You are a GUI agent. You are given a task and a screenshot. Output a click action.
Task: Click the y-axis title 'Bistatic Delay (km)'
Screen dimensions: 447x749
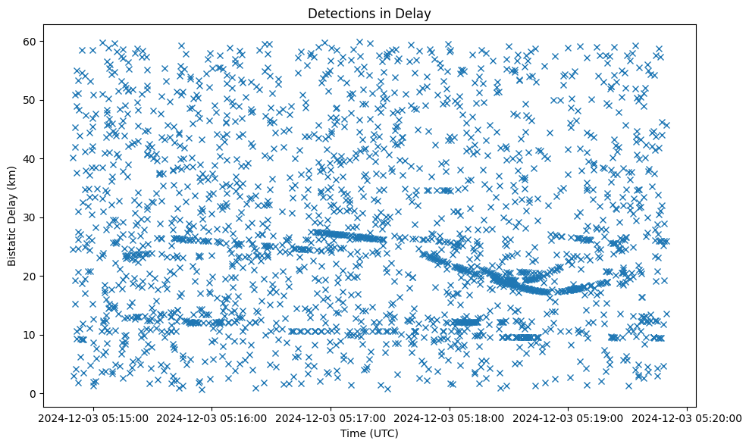pyautogui.click(x=13, y=217)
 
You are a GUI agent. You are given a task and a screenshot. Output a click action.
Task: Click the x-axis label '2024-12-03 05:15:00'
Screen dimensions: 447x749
pyautogui.click(x=92, y=417)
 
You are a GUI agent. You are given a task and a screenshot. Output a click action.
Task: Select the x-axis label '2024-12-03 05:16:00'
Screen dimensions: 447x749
pyautogui.click(x=212, y=417)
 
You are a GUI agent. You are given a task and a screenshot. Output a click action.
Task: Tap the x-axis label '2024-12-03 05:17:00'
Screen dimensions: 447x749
pyautogui.click(x=331, y=417)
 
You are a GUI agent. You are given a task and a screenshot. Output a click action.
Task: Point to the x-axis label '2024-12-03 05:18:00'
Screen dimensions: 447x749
pyautogui.click(x=450, y=417)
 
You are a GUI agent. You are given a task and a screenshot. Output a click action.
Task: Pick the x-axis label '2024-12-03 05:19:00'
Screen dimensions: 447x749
pyautogui.click(x=569, y=417)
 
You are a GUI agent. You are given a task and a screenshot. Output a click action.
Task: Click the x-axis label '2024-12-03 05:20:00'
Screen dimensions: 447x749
pyautogui.click(x=687, y=417)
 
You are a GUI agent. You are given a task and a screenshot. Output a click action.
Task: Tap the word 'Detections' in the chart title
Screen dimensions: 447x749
pyautogui.click(x=337, y=13)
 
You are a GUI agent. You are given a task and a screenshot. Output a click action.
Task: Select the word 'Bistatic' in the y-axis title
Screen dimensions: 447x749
pyautogui.click(x=13, y=246)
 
